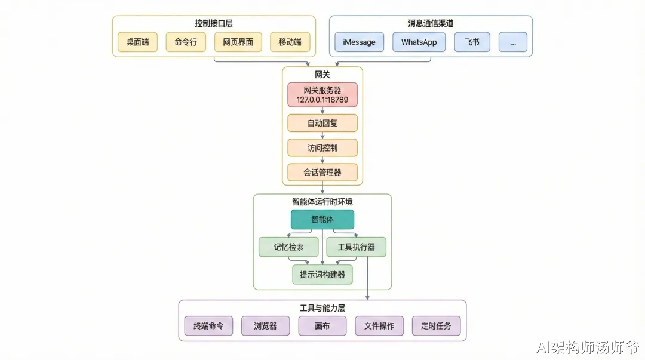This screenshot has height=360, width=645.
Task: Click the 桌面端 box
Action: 137,42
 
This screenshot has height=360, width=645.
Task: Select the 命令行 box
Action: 186,42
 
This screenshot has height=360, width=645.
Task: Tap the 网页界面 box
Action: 238,42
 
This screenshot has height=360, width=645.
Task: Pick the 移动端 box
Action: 290,42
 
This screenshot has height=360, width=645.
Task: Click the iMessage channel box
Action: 359,42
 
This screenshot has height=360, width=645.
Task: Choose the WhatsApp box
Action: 419,42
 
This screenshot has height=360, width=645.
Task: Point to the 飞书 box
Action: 472,42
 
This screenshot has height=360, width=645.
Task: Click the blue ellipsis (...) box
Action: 512,42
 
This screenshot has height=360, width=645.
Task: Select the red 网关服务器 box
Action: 322,95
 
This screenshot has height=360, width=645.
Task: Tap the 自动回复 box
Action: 322,123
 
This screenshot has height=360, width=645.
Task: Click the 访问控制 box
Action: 322,147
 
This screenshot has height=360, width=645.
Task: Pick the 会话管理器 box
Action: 322,173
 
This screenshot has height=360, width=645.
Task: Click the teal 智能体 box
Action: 322,219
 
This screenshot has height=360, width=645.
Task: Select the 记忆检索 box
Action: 288,247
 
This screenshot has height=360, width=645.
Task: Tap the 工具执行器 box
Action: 356,247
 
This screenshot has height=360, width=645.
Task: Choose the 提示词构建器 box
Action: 322,275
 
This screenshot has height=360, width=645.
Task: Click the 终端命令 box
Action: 208,326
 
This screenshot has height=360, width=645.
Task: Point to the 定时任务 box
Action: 436,326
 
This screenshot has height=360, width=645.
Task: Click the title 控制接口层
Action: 214,23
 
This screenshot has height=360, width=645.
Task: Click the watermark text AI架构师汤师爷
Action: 588,347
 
